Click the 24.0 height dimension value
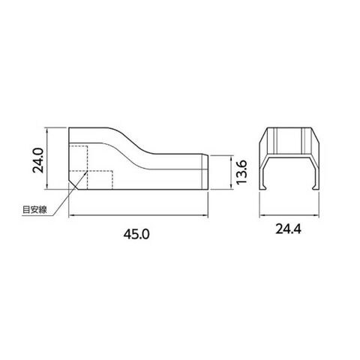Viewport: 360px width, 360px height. click(x=38, y=160)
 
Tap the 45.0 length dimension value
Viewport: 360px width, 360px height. click(x=136, y=235)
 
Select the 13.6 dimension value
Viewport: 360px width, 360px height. click(x=241, y=172)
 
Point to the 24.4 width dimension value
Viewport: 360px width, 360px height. click(x=288, y=229)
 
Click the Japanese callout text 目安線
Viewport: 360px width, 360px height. click(x=34, y=209)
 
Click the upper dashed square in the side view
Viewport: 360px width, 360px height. click(x=78, y=158)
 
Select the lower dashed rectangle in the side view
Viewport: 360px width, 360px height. click(x=100, y=180)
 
